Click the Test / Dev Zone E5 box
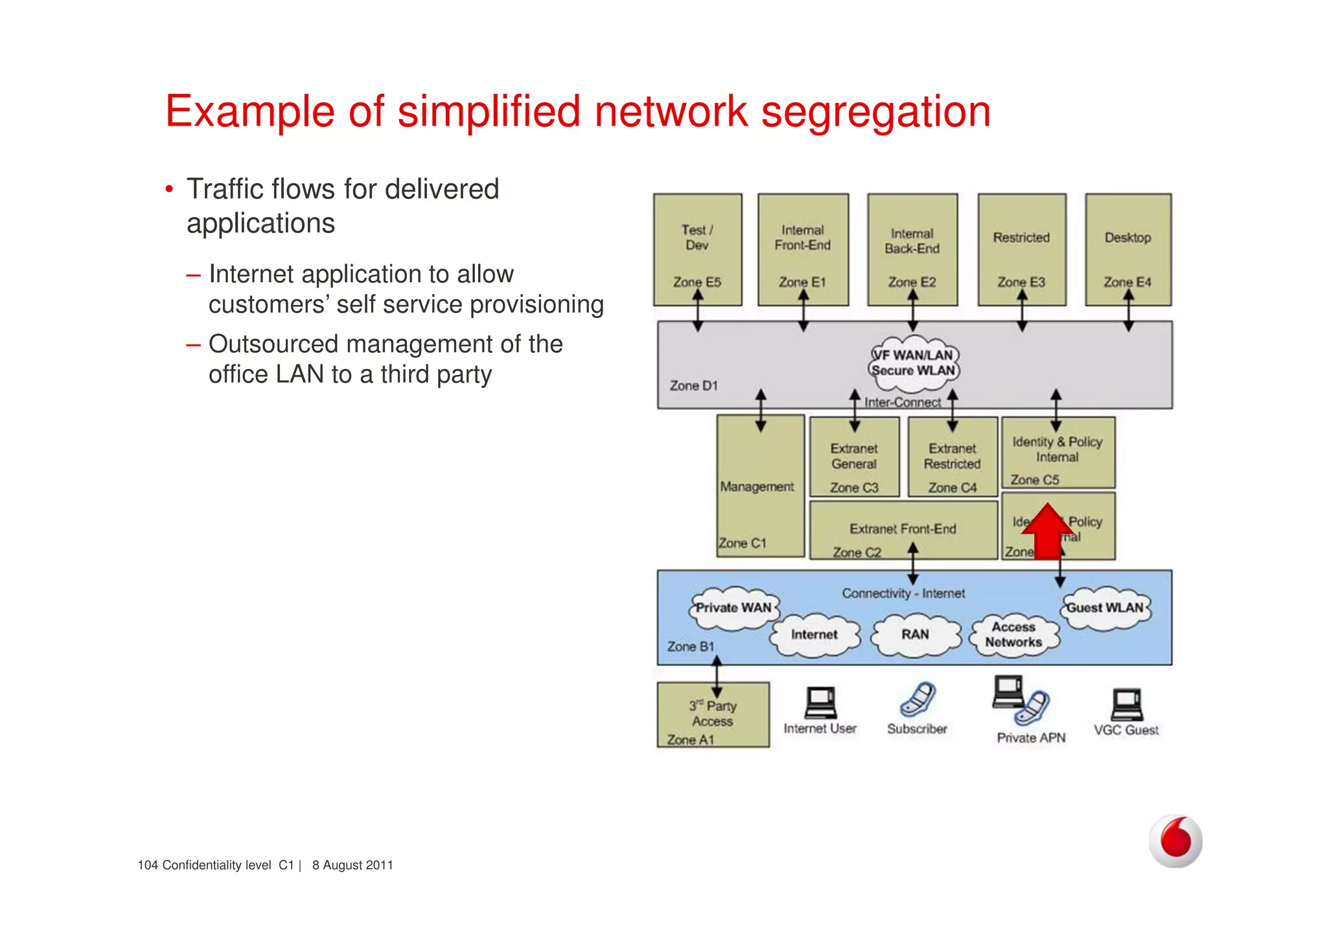(697, 249)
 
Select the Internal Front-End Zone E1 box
(803, 249)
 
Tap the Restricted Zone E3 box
(1021, 249)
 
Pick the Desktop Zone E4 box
(1127, 249)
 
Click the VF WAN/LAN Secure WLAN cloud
(914, 363)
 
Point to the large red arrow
(1046, 531)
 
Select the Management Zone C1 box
(759, 486)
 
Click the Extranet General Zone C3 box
(854, 457)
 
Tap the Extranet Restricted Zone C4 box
(952, 457)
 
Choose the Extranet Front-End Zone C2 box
(903, 530)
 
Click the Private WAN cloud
(733, 608)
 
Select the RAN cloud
(915, 635)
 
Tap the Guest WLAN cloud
(1105, 608)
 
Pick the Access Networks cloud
(1013, 635)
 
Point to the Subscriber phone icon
(917, 699)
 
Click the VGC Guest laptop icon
(1127, 705)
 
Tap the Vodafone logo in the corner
(1175, 841)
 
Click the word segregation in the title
(875, 113)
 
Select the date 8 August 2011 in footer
(352, 865)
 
